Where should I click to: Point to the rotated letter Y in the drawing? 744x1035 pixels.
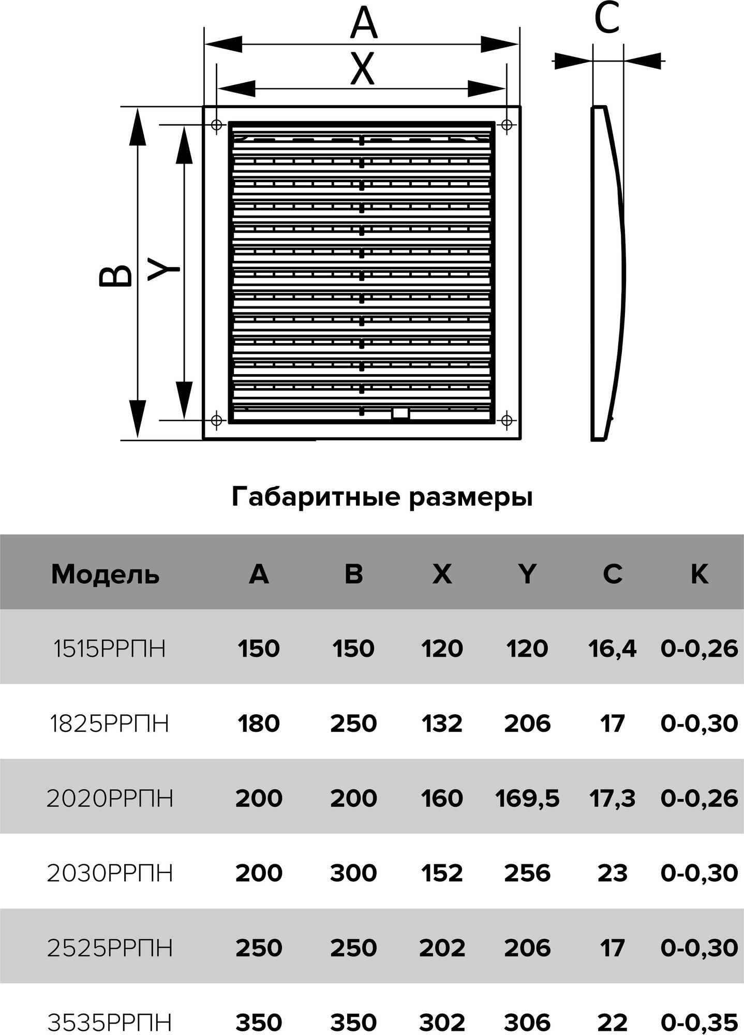pos(163,270)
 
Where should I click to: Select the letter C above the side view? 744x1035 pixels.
pos(607,20)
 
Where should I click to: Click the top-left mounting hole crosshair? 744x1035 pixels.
pos(217,125)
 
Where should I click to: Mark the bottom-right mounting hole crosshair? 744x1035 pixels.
pos(507,419)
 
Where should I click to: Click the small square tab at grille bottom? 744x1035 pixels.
pos(400,413)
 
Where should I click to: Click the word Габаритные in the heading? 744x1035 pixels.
pos(316,497)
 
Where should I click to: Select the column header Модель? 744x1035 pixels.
pos(105,574)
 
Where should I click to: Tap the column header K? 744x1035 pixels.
pos(699,574)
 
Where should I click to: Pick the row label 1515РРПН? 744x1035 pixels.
pos(110,648)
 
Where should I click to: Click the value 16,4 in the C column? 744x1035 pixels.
pos(612,648)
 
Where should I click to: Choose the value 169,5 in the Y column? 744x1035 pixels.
pos(527,799)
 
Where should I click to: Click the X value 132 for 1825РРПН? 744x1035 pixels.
pos(442,723)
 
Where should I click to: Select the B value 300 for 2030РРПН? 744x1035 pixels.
pos(353,874)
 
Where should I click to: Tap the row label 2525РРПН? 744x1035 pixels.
pos(110,948)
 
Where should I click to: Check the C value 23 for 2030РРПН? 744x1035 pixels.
pos(612,874)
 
